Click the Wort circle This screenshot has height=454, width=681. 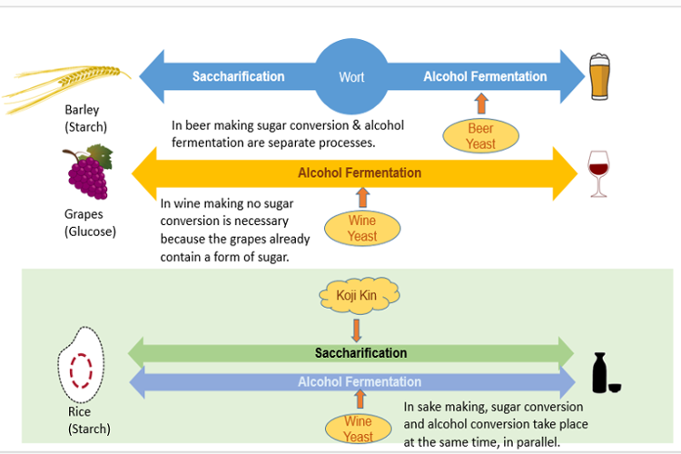coord(351,76)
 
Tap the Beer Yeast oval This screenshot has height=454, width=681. coord(480,135)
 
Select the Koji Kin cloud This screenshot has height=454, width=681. coord(360,295)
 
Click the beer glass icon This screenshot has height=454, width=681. coord(600,77)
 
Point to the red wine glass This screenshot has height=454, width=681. coord(598,173)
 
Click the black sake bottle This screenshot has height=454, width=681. coord(599,372)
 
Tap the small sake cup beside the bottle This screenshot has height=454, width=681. coord(615,388)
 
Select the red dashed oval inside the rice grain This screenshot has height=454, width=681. coord(81,370)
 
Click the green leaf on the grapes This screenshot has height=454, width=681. coord(100,157)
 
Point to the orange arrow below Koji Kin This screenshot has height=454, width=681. coord(357,331)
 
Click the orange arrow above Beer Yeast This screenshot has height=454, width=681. coord(481,104)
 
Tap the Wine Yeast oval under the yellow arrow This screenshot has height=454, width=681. coord(362,229)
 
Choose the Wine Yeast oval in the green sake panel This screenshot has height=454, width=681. coord(359,429)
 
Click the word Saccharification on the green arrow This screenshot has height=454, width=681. coord(360,353)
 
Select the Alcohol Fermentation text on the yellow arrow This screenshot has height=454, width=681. coord(360,173)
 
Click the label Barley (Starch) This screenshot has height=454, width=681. coord(85,118)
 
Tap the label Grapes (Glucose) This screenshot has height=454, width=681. coord(90,222)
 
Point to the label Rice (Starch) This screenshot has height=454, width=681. coord(89,420)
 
